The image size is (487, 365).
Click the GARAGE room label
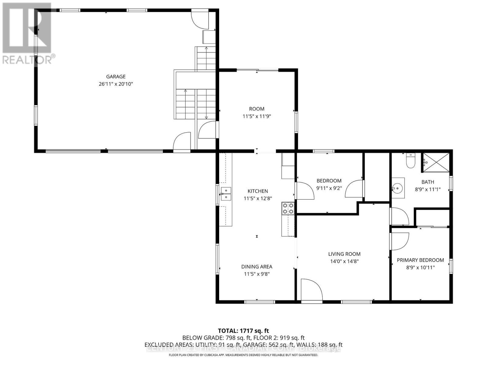[116, 77]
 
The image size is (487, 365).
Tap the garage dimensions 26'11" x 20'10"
[116, 84]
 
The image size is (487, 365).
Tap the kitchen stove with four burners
[288, 208]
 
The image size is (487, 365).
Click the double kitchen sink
[226, 194]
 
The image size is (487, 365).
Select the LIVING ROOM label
[344, 254]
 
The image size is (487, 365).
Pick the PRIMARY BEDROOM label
[420, 260]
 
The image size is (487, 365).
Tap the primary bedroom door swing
[399, 241]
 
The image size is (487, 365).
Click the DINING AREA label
[257, 267]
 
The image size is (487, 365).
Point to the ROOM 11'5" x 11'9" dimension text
[257, 116]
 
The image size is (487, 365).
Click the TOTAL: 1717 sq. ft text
[243, 331]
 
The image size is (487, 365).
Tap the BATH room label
[428, 182]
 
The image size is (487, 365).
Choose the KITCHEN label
[258, 191]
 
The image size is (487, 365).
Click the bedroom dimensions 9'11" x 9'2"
[329, 188]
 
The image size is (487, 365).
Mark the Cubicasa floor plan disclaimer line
[243, 355]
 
